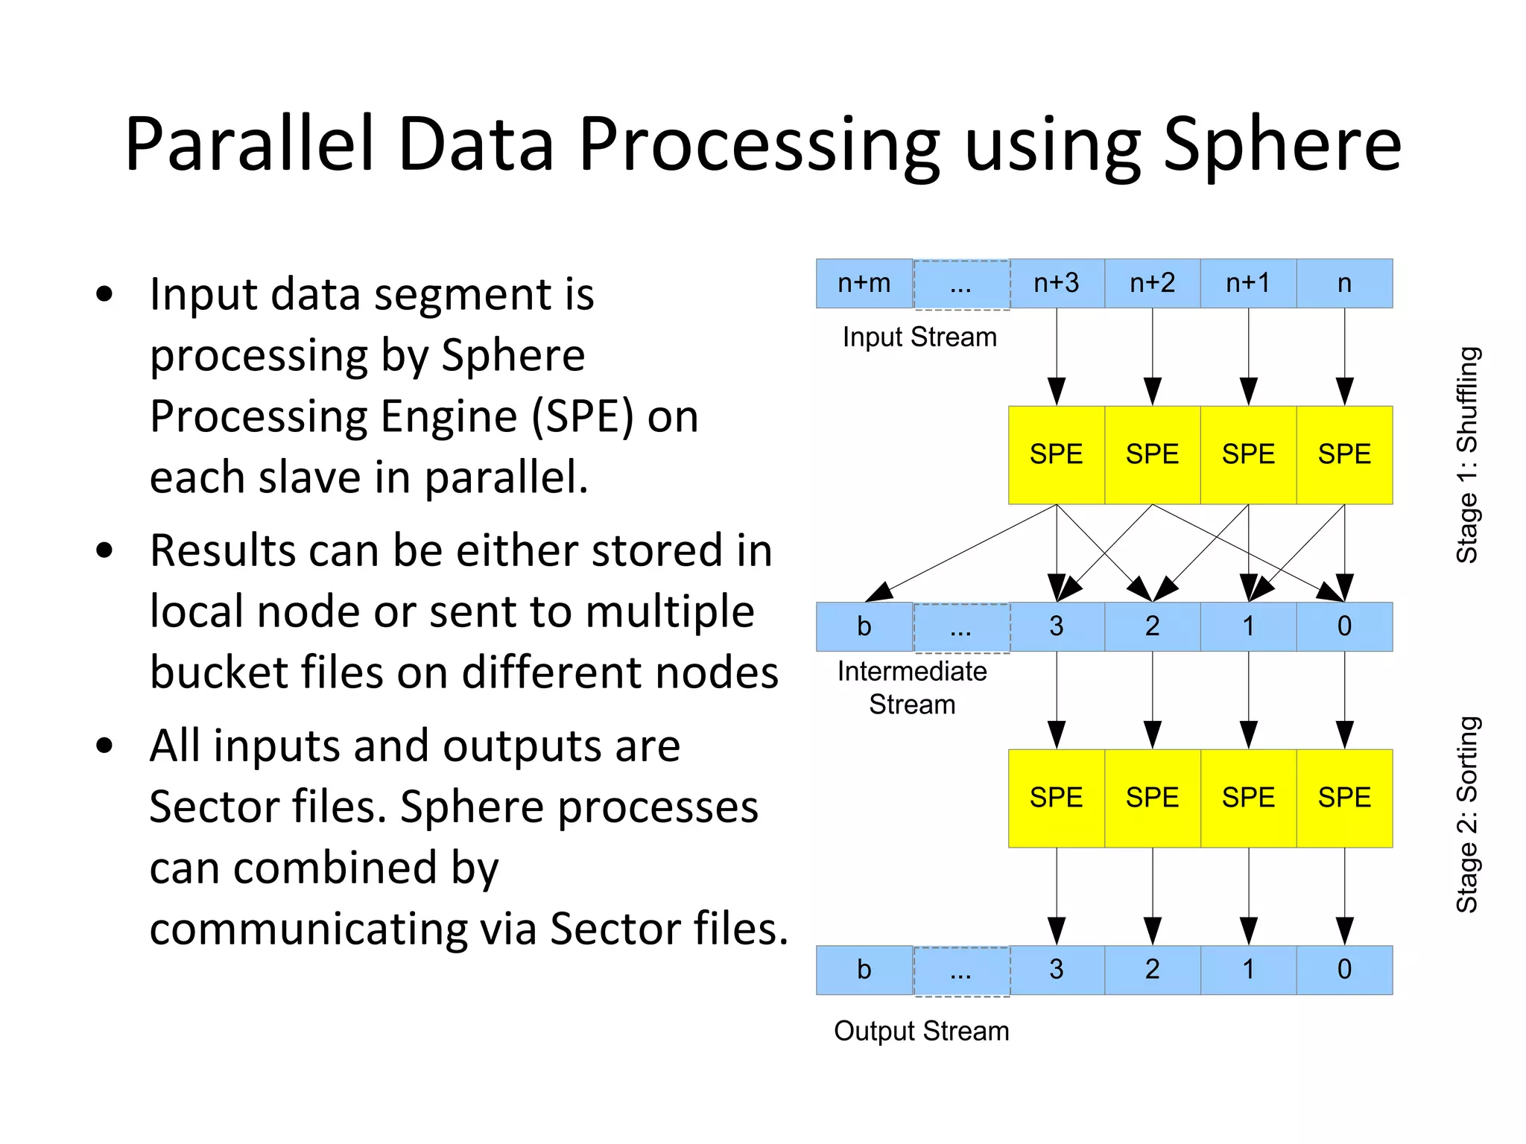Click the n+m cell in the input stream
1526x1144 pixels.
click(x=864, y=284)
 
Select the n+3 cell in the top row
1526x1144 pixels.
click(x=1056, y=284)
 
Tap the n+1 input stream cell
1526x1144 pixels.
click(x=1248, y=284)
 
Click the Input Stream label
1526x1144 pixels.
click(x=919, y=337)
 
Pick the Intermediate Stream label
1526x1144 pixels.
click(x=912, y=687)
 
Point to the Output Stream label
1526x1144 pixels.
click(x=921, y=1031)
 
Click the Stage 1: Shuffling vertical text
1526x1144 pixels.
click(x=1467, y=454)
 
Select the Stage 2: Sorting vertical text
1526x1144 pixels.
click(x=1467, y=814)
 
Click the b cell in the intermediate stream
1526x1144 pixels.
click(x=864, y=626)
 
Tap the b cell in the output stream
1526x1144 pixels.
click(x=864, y=970)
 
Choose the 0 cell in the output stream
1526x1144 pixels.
click(x=1344, y=970)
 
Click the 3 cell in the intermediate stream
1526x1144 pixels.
click(x=1056, y=626)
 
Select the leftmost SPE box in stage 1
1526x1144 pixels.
click(x=1056, y=454)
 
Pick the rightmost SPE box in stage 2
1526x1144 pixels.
click(x=1344, y=798)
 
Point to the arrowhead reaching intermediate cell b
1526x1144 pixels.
click(x=880, y=593)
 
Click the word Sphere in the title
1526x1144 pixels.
click(x=1282, y=145)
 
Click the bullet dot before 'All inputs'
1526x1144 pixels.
click(x=104, y=746)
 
